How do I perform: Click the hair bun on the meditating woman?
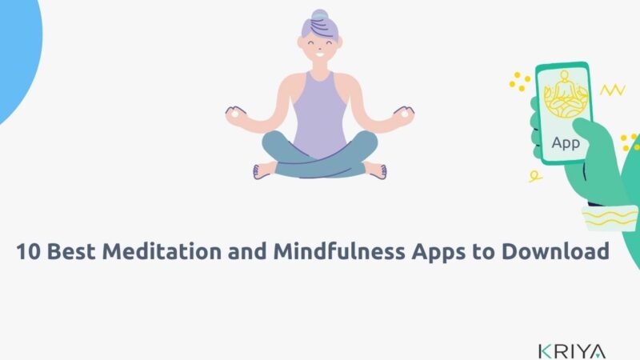click(x=320, y=17)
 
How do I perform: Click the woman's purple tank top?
click(x=320, y=112)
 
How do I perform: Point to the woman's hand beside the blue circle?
click(x=235, y=114)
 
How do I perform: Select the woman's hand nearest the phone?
click(x=406, y=114)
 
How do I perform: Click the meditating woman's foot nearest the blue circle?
click(x=260, y=170)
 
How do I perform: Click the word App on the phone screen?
click(x=566, y=144)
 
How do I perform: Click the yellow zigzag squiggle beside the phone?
click(x=612, y=90)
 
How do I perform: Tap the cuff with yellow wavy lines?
click(x=610, y=218)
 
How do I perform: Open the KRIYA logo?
click(x=572, y=350)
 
